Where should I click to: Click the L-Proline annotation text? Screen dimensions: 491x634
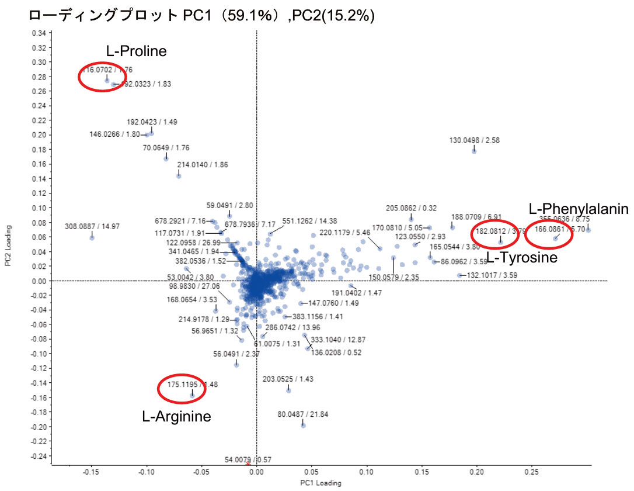(136, 51)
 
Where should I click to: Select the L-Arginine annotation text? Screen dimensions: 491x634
(176, 417)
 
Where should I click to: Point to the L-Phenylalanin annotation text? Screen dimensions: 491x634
(578, 209)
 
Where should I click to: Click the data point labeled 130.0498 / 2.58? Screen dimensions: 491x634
(474, 151)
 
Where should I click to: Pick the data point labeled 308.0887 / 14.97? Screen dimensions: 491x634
(92, 237)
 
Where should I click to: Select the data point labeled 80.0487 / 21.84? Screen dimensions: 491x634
(303, 426)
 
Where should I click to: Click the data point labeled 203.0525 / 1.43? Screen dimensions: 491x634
(288, 390)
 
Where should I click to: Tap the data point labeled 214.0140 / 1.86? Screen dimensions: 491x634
(179, 176)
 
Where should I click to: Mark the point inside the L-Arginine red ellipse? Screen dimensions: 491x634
(192, 395)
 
